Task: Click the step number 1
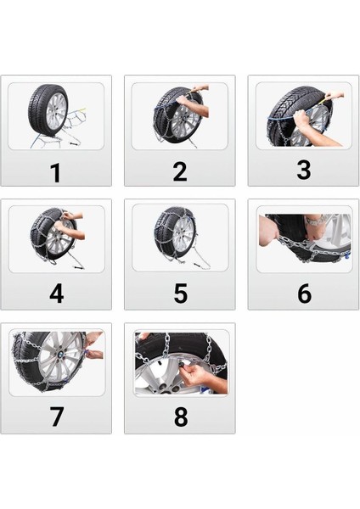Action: point(55,172)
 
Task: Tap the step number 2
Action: point(179,171)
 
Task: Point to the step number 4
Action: point(56,294)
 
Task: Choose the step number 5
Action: point(180,294)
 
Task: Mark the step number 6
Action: point(304,294)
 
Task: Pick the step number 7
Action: point(56,418)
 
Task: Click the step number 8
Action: point(180,418)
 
